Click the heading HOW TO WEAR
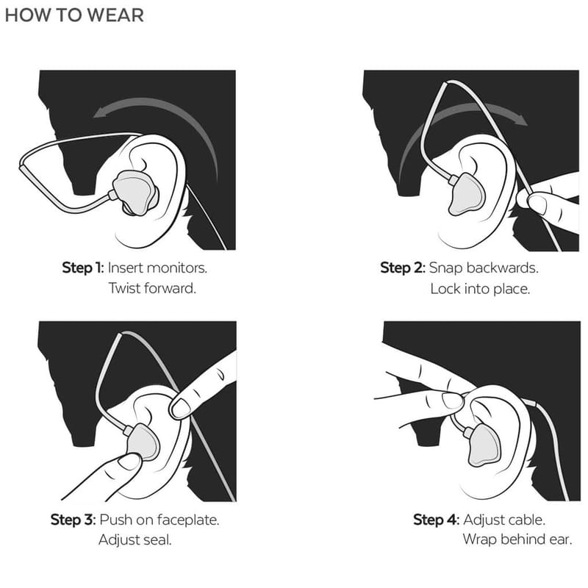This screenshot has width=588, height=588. [x=74, y=15]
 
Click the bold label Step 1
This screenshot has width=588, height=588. [x=82, y=268]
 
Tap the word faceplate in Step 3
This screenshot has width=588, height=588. [x=188, y=520]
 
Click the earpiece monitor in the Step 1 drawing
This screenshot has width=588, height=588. [x=136, y=193]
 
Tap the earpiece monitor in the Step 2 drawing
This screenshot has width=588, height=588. [x=465, y=194]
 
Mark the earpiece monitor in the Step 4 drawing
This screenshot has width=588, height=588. [x=484, y=445]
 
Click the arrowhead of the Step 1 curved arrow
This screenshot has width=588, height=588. [x=101, y=112]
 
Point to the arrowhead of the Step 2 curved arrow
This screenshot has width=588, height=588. [x=520, y=119]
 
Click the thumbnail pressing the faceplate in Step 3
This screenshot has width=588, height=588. [x=129, y=462]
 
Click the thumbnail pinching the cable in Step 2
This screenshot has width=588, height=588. [x=537, y=204]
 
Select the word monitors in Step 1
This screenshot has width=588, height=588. [x=176, y=268]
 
